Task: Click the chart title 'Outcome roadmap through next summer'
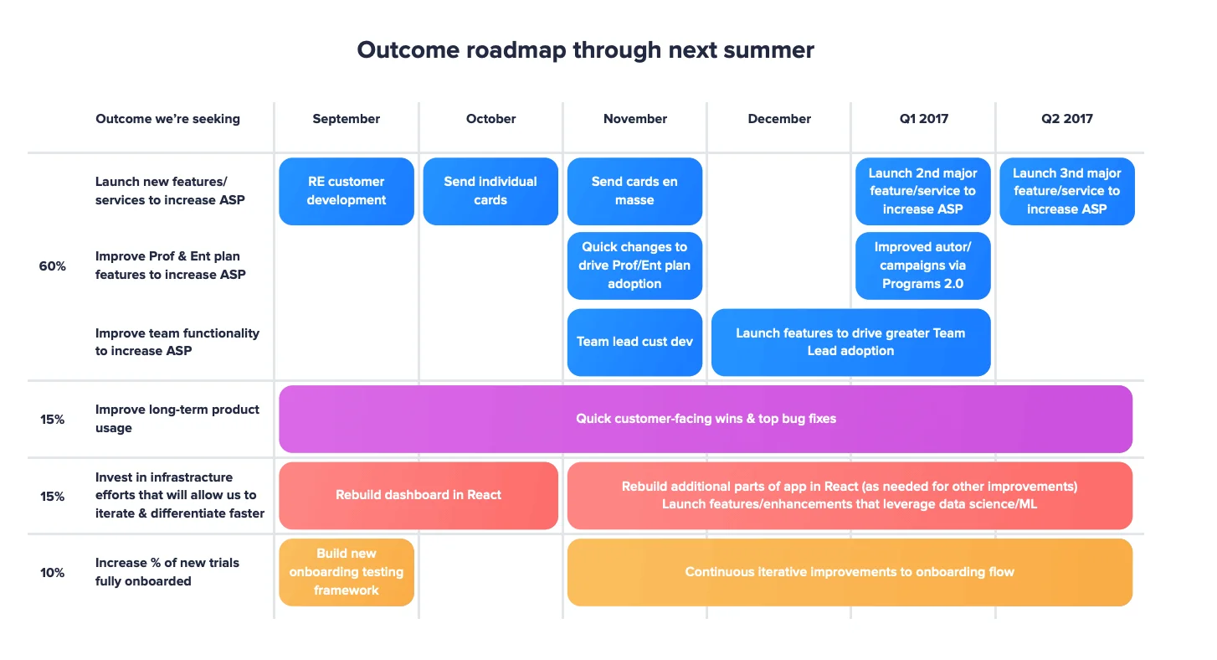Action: pyautogui.click(x=585, y=50)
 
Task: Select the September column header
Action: pyautogui.click(x=346, y=119)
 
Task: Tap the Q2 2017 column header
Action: pyautogui.click(x=1066, y=119)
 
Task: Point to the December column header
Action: pyautogui.click(x=779, y=119)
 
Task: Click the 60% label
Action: pyautogui.click(x=52, y=266)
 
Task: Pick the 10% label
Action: pyautogui.click(x=52, y=572)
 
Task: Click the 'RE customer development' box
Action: pyautogui.click(x=346, y=191)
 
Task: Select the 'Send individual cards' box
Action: pyautogui.click(x=490, y=191)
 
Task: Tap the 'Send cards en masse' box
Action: pyautogui.click(x=634, y=191)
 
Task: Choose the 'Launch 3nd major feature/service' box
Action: pyautogui.click(x=1066, y=191)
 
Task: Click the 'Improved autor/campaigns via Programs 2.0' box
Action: pyautogui.click(x=922, y=266)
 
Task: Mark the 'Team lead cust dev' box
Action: pyautogui.click(x=634, y=342)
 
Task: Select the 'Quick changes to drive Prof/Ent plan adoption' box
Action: pyautogui.click(x=634, y=266)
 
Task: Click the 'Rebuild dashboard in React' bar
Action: pyautogui.click(x=418, y=495)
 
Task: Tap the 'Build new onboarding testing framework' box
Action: pyautogui.click(x=346, y=572)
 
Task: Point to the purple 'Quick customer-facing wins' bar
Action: pyautogui.click(x=705, y=419)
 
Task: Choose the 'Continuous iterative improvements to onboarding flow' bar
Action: pyautogui.click(x=849, y=572)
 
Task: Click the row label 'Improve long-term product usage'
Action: pyautogui.click(x=177, y=419)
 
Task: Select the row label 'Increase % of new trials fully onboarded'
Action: pyautogui.click(x=167, y=572)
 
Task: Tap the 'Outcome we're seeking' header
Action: pyautogui.click(x=167, y=119)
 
